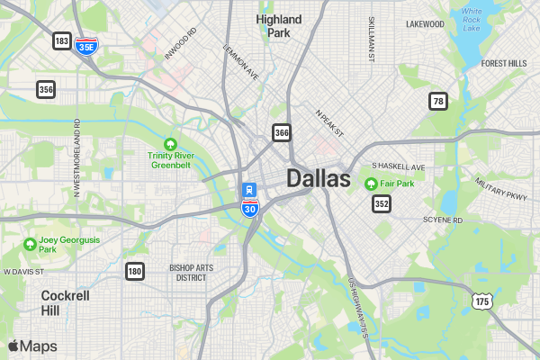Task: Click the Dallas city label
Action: (x=319, y=178)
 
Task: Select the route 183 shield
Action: (x=62, y=41)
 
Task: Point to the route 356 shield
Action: (x=46, y=89)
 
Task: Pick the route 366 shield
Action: (x=282, y=133)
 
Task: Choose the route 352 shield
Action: (x=382, y=204)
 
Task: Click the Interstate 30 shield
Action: (x=249, y=209)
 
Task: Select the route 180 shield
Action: (x=135, y=271)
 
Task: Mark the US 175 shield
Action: (x=481, y=301)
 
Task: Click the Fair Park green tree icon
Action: (x=370, y=184)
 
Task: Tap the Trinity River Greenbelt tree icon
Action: (x=169, y=144)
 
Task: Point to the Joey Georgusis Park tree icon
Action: (x=30, y=244)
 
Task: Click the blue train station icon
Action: (x=249, y=190)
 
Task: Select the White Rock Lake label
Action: (x=472, y=20)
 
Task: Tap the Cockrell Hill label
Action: (x=64, y=302)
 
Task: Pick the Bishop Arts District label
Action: (x=193, y=273)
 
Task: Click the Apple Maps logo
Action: (x=32, y=346)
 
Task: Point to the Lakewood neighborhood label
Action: (x=425, y=24)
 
